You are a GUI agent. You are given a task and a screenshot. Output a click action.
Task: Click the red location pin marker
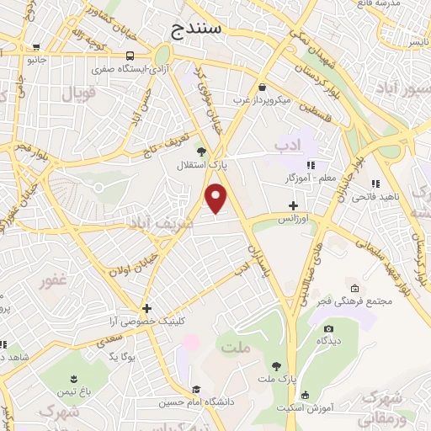pos(217,197)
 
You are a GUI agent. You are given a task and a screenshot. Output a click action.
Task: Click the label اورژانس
pos(293,218)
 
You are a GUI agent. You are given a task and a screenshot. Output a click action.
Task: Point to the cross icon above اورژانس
pos(293,205)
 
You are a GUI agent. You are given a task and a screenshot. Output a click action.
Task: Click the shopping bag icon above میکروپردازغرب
pos(263,88)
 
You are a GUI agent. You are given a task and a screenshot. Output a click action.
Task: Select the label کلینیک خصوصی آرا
pos(148,322)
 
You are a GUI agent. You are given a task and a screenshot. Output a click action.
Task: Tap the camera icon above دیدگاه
pos(328,328)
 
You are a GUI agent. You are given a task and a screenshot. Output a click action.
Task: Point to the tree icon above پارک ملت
pos(277,364)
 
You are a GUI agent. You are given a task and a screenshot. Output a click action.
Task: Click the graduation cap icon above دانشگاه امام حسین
pos(196,389)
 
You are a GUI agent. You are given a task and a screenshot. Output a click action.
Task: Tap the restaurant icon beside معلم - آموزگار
pos(310,165)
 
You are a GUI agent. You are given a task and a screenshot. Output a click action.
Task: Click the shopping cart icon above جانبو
pos(35,48)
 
